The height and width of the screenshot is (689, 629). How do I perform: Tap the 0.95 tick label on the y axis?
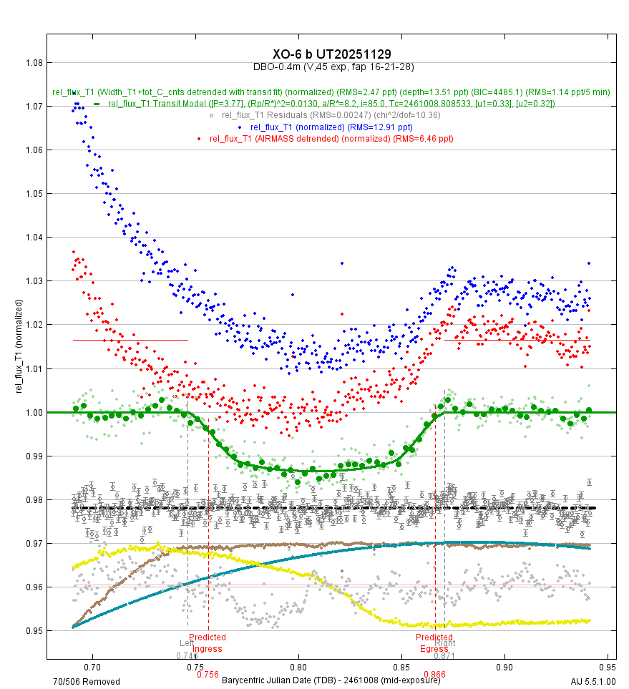[33, 631]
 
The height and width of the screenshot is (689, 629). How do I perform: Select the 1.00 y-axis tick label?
[33, 413]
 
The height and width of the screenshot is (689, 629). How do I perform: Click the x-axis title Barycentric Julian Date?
[331, 680]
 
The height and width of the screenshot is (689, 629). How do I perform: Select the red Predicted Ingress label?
[208, 642]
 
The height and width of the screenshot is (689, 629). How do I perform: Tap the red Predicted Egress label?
[434, 642]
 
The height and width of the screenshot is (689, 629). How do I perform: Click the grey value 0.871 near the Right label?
[444, 655]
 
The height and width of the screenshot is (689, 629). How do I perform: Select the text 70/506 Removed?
[87, 681]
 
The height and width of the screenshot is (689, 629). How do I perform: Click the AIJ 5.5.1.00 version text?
[593, 681]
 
